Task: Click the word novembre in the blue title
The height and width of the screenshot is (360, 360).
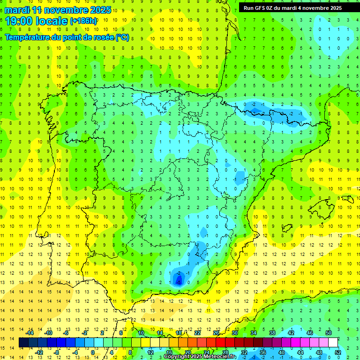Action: coord(66,10)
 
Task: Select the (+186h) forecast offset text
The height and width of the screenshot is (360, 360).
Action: coord(83,21)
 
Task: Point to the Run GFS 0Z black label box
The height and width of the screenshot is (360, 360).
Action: coord(292,8)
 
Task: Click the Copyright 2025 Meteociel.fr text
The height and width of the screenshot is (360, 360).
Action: coord(199,357)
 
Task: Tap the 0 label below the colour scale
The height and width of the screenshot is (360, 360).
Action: coord(93,352)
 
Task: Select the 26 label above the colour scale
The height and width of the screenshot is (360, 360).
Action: coord(216,333)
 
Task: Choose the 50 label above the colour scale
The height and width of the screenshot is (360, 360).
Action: coord(329,333)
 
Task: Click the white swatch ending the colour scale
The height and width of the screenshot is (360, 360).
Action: coord(333,343)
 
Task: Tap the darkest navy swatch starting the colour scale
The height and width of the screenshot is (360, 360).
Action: coord(23,343)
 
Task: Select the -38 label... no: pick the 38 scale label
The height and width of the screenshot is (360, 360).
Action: coord(272,333)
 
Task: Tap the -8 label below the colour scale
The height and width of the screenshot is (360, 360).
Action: coord(56,352)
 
